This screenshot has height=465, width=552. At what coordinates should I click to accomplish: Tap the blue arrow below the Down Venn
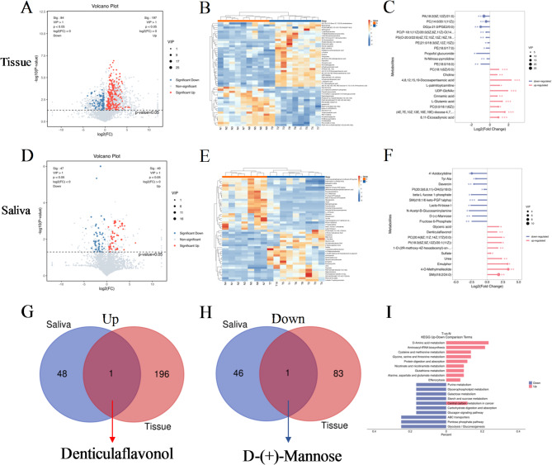click(x=285, y=401)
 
